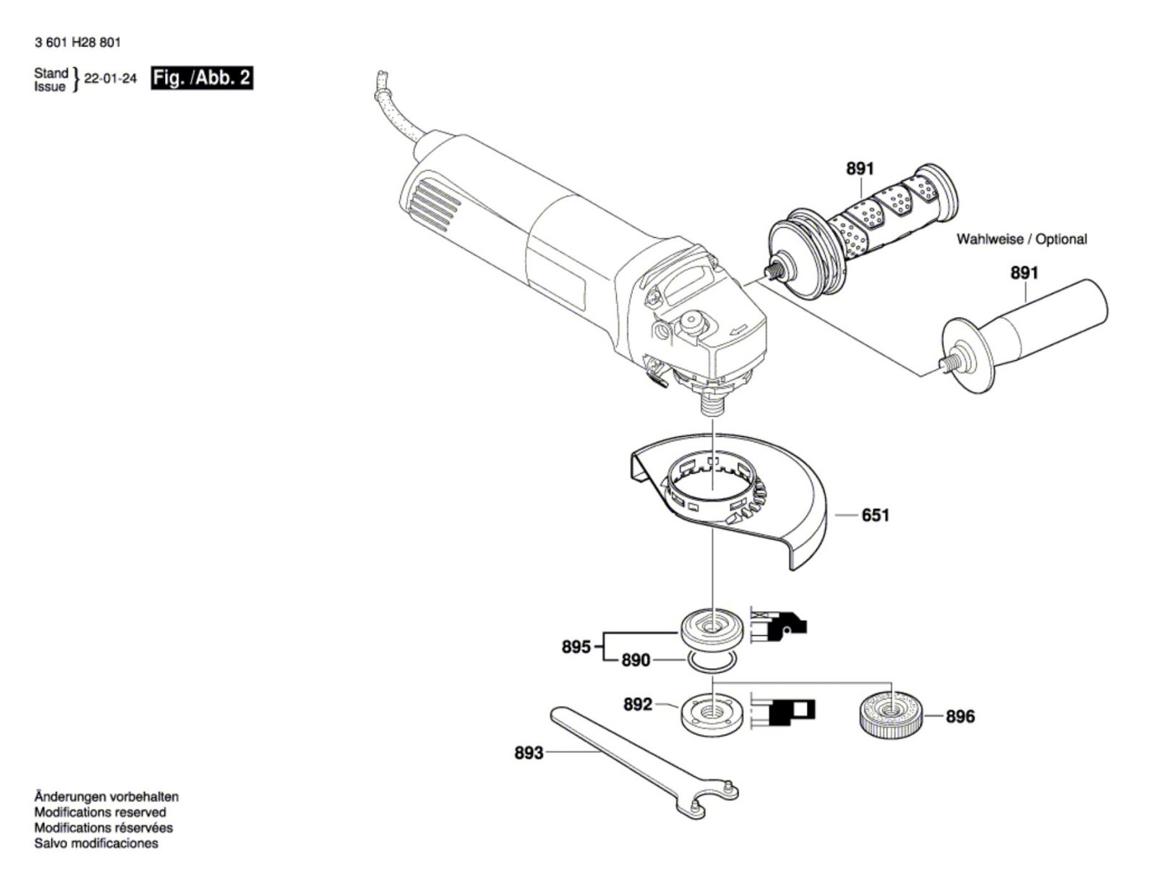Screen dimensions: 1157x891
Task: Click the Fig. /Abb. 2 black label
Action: point(202,78)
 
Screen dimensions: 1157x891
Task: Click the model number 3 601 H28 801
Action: point(78,43)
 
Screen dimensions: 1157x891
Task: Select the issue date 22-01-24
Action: point(111,79)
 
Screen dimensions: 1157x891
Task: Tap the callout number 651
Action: point(875,515)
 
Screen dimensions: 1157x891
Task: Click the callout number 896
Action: point(960,717)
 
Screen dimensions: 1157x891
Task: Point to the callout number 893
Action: point(529,753)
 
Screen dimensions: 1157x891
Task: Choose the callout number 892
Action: point(638,704)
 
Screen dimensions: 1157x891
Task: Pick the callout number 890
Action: point(636,660)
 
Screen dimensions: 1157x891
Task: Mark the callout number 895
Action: point(576,647)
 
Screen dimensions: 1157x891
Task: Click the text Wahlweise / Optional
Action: point(1022,239)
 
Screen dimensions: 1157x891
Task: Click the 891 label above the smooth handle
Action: point(1025,273)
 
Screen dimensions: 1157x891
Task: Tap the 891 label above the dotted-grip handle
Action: point(861,169)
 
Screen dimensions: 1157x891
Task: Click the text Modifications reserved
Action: point(100,812)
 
